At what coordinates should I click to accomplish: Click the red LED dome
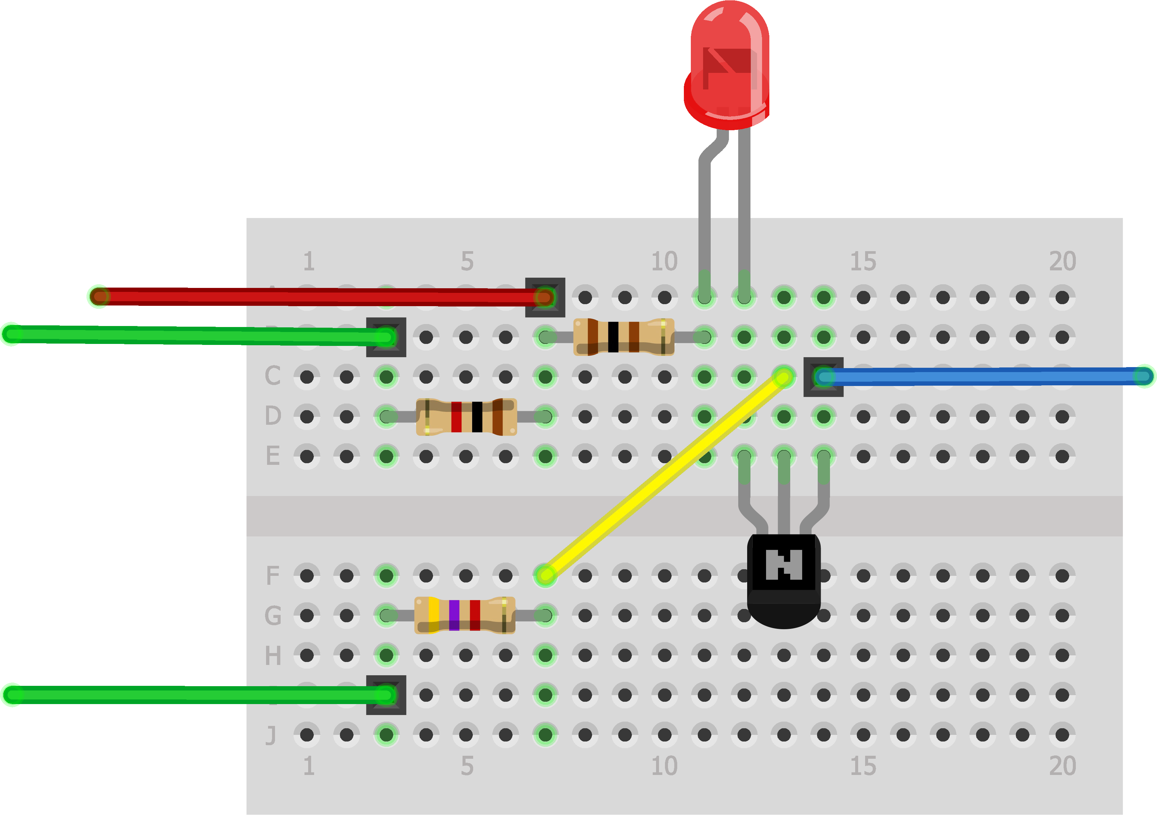[729, 61]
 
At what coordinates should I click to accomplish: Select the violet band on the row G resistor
[454, 615]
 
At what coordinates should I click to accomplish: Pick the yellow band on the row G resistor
[434, 615]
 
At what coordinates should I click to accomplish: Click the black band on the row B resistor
[613, 337]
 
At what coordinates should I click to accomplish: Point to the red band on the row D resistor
[456, 416]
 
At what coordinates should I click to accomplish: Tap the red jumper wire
[320, 297]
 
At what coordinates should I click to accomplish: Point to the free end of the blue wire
[1143, 376]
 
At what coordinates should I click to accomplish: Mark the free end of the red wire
[99, 296]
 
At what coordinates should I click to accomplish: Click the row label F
[273, 576]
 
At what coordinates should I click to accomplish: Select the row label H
[273, 655]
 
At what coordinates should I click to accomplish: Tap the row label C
[273, 376]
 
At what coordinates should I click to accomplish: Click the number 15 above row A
[863, 261]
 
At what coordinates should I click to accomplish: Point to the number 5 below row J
[467, 766]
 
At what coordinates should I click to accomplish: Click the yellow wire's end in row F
[545, 575]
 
